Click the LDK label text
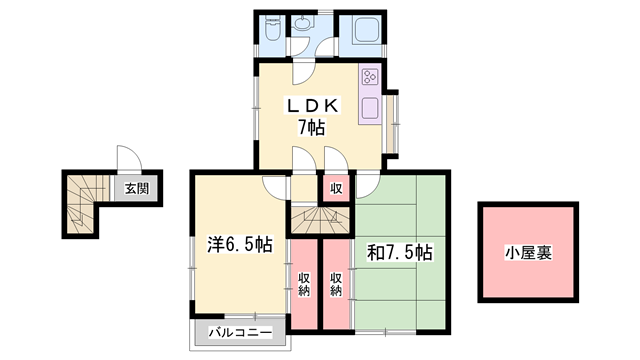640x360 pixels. [x=313, y=106]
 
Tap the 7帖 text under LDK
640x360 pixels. [x=311, y=127]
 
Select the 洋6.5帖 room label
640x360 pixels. [x=240, y=245]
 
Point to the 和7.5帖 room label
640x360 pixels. [x=400, y=253]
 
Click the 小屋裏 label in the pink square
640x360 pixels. [x=529, y=253]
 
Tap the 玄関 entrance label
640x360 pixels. [x=137, y=189]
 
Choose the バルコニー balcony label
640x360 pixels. [x=240, y=333]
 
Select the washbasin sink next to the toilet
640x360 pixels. [x=302, y=24]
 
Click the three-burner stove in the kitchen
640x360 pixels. [x=370, y=77]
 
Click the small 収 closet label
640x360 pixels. [x=336, y=189]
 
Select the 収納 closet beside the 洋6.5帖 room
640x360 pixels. [x=304, y=284]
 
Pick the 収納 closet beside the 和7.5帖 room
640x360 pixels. [x=336, y=284]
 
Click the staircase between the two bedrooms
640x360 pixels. [x=320, y=220]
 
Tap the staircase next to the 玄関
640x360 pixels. [x=83, y=203]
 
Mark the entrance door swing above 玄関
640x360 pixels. [x=129, y=158]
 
